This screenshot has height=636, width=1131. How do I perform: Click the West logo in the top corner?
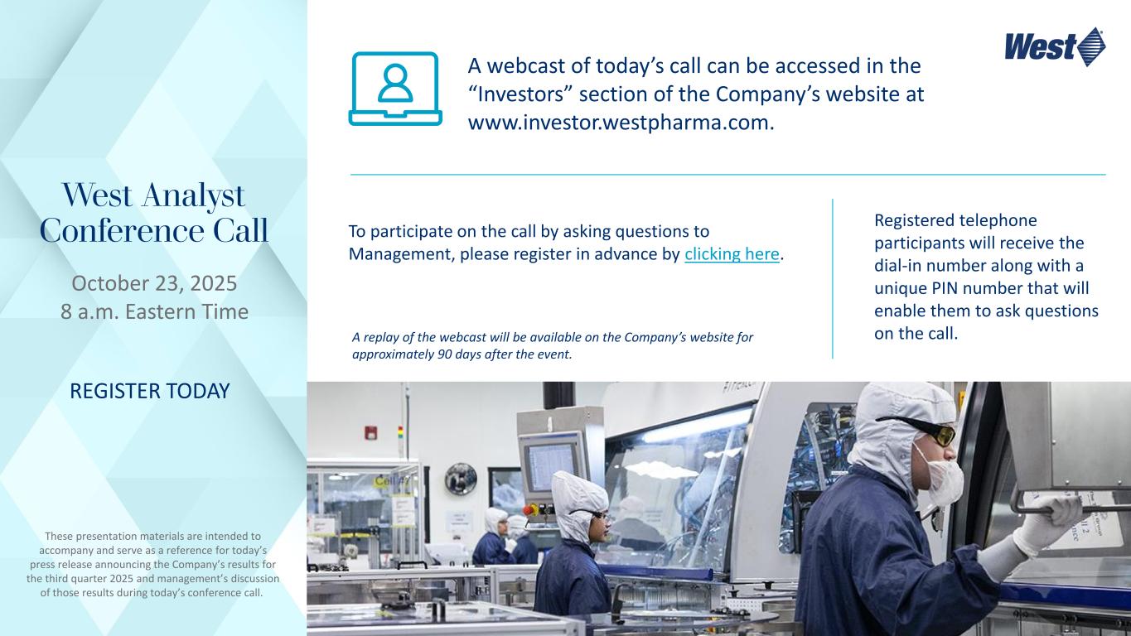1054,47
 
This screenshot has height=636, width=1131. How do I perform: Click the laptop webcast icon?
395,89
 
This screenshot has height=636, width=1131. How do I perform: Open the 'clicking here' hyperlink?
732,254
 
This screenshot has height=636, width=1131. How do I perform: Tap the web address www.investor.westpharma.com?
621,123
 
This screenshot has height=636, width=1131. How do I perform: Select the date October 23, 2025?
154,283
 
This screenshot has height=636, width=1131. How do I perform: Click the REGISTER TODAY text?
149,391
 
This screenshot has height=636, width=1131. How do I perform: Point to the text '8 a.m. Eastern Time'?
154,311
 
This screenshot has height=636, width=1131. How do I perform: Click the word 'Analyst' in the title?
193,195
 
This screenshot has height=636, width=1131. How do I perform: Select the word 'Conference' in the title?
122,231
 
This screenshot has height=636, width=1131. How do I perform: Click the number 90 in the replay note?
444,354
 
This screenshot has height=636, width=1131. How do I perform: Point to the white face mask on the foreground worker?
941,478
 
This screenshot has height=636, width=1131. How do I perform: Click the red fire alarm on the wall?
370,432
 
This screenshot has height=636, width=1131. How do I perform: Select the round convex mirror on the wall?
461,479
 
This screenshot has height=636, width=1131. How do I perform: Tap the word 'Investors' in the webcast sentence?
522,94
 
